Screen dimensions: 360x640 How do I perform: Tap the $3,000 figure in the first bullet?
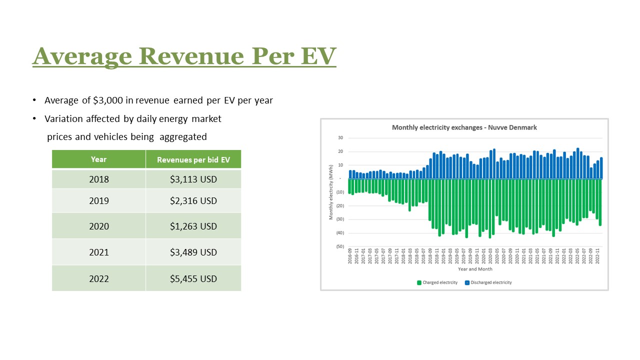point(108,100)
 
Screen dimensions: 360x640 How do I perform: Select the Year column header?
point(98,159)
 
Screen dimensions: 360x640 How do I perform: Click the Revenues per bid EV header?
point(193,160)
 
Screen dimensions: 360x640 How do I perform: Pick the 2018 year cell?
point(98,179)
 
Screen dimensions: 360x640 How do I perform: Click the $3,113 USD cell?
point(193,179)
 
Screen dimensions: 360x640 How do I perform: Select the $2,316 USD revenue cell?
point(193,201)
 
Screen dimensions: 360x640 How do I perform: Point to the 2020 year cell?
point(98,226)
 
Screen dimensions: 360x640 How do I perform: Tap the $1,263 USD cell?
point(193,226)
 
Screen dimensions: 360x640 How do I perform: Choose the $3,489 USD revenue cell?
point(193,252)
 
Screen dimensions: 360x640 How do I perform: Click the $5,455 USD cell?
point(193,278)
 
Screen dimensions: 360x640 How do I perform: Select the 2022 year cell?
point(98,278)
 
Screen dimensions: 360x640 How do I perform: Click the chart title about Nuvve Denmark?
point(464,127)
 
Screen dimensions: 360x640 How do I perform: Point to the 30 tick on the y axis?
point(340,138)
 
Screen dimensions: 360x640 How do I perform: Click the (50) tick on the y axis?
point(339,246)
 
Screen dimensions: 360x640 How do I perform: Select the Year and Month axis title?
point(474,269)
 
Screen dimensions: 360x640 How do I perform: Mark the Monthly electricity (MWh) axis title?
point(331,192)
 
